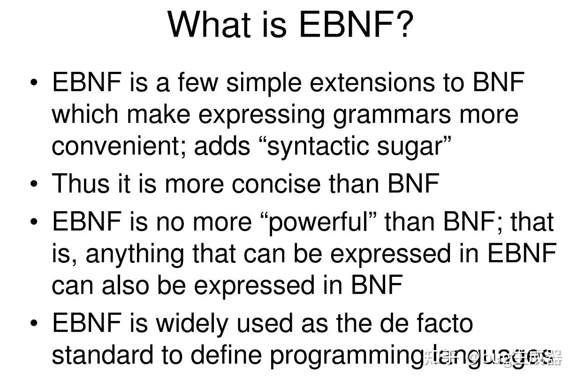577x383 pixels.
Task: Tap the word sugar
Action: click(x=410, y=147)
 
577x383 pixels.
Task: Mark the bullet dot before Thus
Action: click(x=34, y=184)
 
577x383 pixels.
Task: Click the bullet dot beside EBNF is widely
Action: click(x=34, y=323)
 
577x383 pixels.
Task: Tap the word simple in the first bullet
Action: click(x=264, y=84)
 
